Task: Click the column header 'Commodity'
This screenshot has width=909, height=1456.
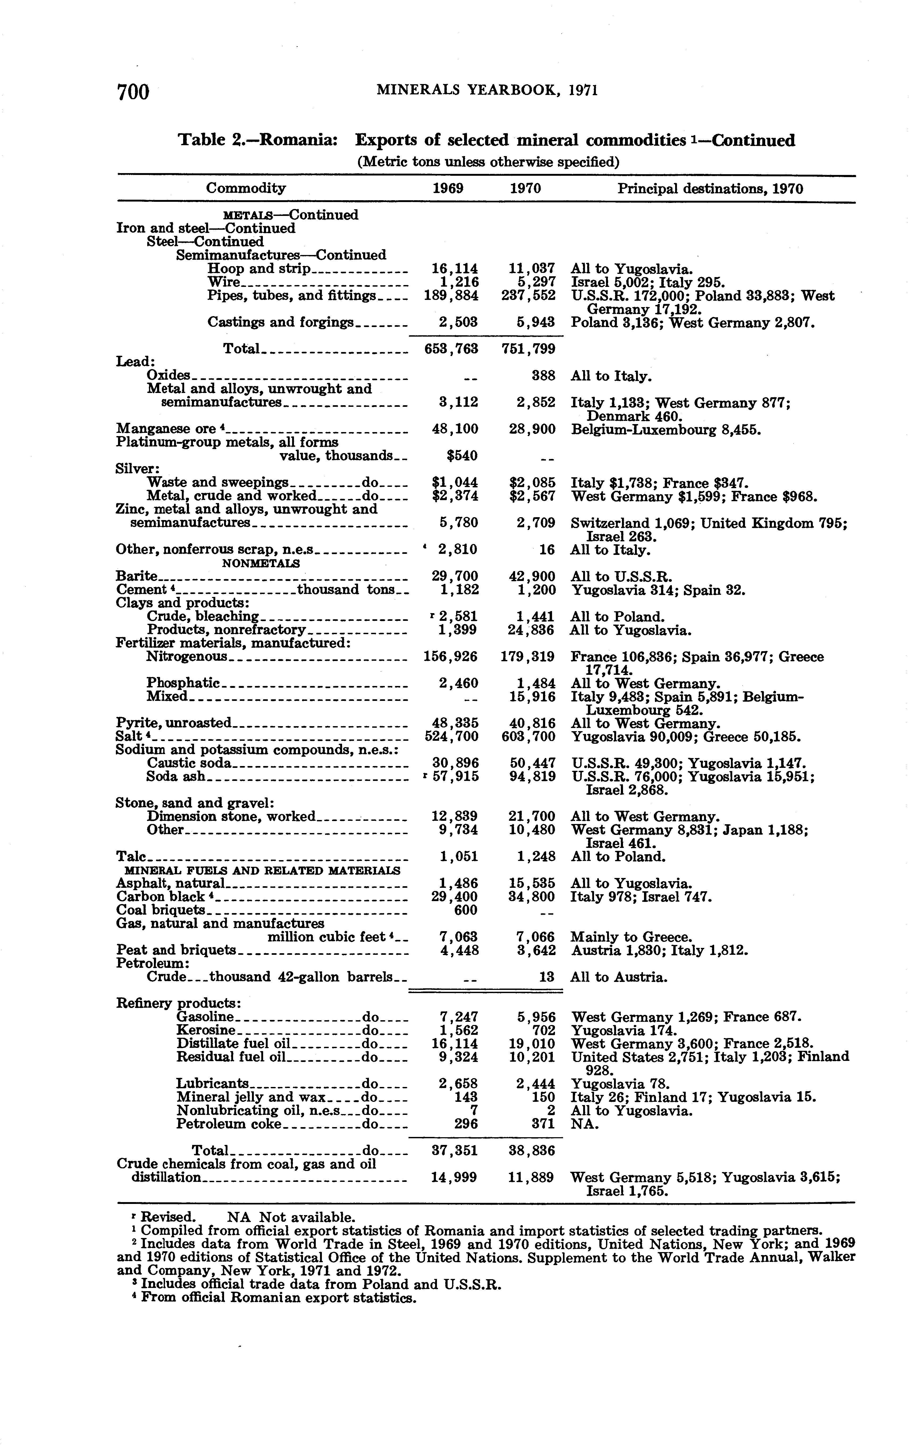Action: point(246,188)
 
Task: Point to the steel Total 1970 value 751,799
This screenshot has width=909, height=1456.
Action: point(528,349)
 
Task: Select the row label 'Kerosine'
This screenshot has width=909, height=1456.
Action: point(202,1030)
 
